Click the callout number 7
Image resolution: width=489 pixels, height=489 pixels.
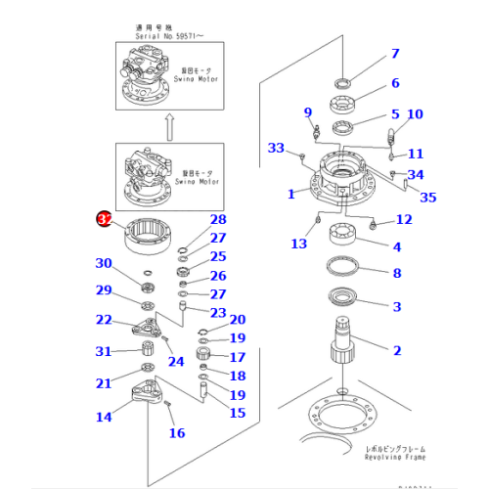pos(395,54)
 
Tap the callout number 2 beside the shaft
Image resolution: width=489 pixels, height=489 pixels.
pos(396,350)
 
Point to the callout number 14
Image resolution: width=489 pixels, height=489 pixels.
pos(104,418)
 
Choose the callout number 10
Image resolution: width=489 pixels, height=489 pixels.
pos(415,114)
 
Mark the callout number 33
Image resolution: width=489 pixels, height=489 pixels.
pos(277,148)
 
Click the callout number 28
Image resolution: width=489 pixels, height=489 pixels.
pos(217,219)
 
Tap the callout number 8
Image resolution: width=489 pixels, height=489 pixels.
pos(396,274)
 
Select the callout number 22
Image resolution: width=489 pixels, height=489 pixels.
pos(104,320)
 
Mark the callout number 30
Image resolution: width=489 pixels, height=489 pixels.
pos(104,262)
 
